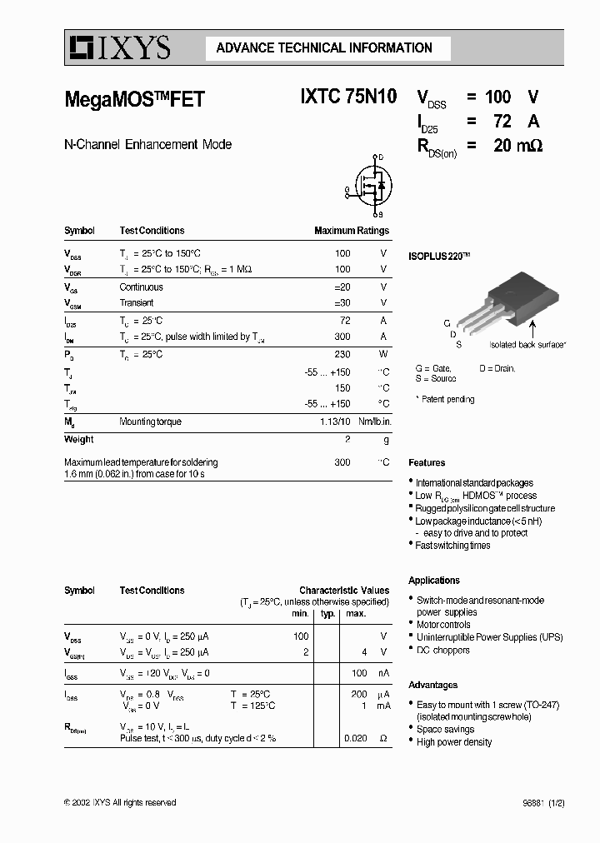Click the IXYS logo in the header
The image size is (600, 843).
(119, 48)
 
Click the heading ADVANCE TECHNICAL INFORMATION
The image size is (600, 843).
(324, 48)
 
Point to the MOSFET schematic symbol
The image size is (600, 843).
(369, 185)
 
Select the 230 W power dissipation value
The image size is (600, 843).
(342, 354)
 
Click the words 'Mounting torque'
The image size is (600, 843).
(150, 421)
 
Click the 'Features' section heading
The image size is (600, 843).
(427, 462)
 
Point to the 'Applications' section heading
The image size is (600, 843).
(433, 580)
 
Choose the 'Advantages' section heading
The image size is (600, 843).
(432, 685)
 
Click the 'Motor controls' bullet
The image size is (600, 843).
(443, 625)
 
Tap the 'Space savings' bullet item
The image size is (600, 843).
(446, 729)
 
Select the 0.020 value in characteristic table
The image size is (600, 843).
(355, 738)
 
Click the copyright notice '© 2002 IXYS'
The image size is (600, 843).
(120, 802)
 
